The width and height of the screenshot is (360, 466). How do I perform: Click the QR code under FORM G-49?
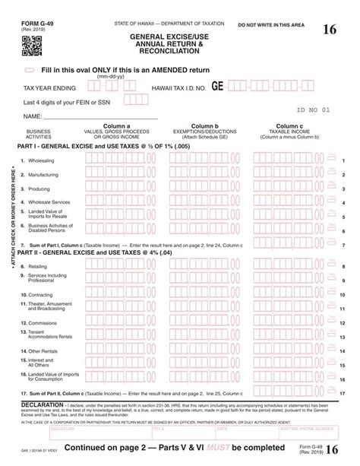tap(30, 46)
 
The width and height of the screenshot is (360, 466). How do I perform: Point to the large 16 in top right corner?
tap(330, 30)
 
